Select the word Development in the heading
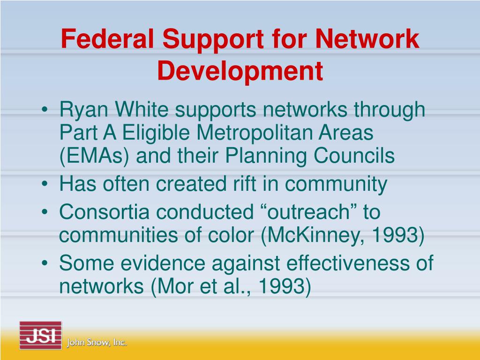point(240,70)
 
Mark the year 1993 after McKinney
point(399,235)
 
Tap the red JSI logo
point(40,336)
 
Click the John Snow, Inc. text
point(97,343)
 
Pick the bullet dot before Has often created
point(45,185)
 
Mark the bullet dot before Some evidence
point(45,264)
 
